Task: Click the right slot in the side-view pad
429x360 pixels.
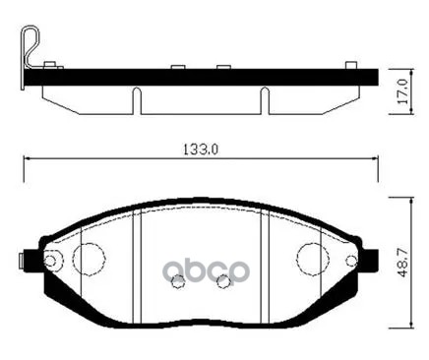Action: (263, 100)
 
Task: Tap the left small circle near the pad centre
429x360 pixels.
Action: (178, 284)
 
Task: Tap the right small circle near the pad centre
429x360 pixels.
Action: (223, 284)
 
